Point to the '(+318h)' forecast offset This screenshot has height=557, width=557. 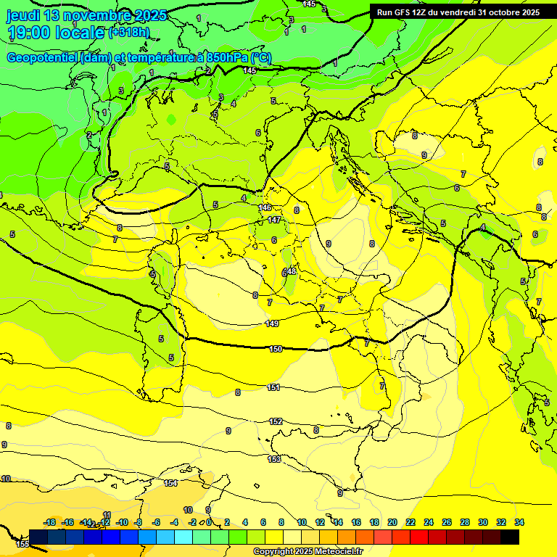click(129, 33)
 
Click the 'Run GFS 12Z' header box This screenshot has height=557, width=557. click(458, 12)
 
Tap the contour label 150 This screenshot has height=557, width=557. click(276, 349)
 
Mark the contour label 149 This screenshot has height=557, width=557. click(272, 323)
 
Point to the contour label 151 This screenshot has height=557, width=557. click(273, 388)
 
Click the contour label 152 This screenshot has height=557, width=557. click(276, 421)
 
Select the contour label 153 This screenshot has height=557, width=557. click(274, 459)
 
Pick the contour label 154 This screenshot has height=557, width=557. click(170, 483)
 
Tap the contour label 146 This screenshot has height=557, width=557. click(265, 207)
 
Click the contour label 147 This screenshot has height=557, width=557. click(274, 220)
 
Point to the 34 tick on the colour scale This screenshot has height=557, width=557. click(519, 522)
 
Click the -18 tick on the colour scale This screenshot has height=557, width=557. click(50, 522)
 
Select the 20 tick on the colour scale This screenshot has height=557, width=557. click(392, 522)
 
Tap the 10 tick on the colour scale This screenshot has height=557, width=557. click(302, 522)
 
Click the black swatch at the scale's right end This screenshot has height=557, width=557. click(510, 537)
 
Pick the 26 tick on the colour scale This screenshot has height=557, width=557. click(447, 522)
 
